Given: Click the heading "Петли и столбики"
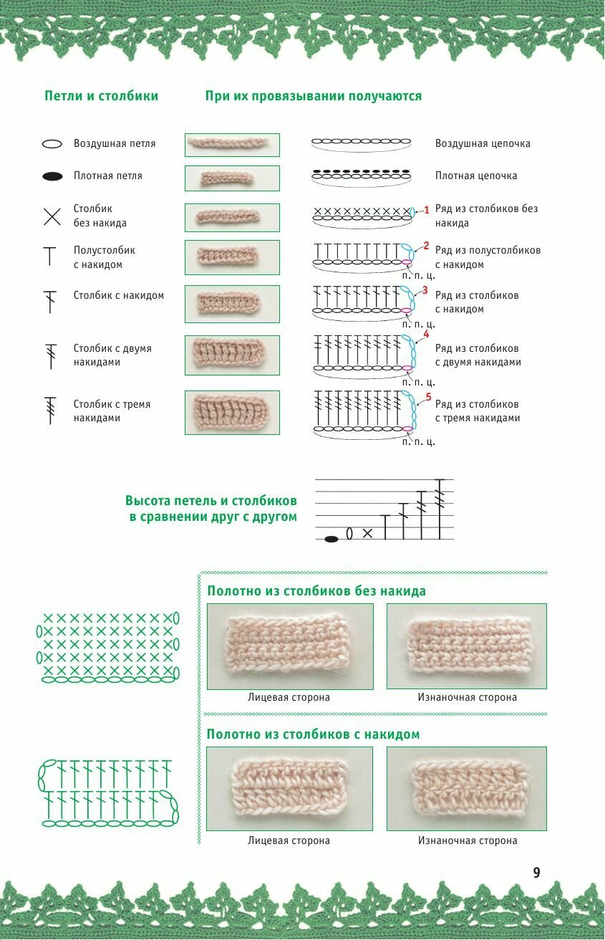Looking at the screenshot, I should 101,96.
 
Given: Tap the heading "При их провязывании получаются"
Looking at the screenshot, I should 314,96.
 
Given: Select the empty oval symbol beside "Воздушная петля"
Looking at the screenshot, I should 52,144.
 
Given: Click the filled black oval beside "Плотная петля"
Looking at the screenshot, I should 52,176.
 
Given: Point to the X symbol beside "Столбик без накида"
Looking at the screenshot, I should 52,216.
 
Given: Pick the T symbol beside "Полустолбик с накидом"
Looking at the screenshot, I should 50,256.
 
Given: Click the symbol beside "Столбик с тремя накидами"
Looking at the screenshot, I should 51,411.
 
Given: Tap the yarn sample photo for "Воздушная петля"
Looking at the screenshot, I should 232,144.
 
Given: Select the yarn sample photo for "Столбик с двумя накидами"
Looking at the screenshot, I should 232,355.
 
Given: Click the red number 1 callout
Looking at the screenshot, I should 426,210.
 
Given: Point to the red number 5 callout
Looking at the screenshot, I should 428,396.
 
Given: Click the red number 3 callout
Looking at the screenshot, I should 425,290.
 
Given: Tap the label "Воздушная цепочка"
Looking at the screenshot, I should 483,144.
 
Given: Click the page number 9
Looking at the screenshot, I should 536,873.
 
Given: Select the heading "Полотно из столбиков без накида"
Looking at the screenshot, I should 316,591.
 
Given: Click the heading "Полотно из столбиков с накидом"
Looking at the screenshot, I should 314,734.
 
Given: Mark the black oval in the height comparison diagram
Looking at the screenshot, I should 331,539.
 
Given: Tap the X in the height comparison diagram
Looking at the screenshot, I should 368,534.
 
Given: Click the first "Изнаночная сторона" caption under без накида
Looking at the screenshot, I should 467,697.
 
